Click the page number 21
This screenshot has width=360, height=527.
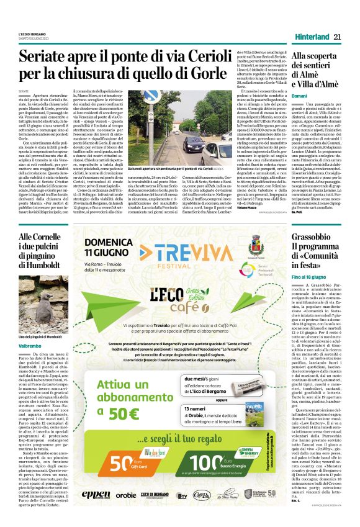click(338, 37)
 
